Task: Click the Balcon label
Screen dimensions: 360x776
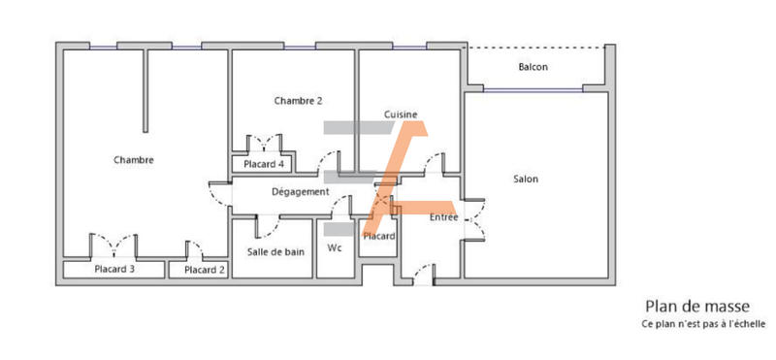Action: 533,67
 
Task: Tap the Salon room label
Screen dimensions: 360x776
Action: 526,179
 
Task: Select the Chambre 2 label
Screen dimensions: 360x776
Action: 298,101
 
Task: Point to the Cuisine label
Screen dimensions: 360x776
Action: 401,115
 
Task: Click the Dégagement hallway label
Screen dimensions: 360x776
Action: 300,191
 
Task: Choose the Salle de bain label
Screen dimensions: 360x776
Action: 275,251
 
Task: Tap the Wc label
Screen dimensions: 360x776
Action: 335,247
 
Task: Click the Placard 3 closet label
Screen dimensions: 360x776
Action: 114,270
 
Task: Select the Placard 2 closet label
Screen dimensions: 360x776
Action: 205,270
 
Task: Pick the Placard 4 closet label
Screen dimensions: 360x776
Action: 264,165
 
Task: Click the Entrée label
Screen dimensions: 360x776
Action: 444,217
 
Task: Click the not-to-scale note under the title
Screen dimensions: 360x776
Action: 703,323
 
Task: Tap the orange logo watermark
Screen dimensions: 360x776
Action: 398,170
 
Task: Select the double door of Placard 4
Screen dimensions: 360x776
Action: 264,144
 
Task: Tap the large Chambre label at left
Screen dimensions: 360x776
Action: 134,160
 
